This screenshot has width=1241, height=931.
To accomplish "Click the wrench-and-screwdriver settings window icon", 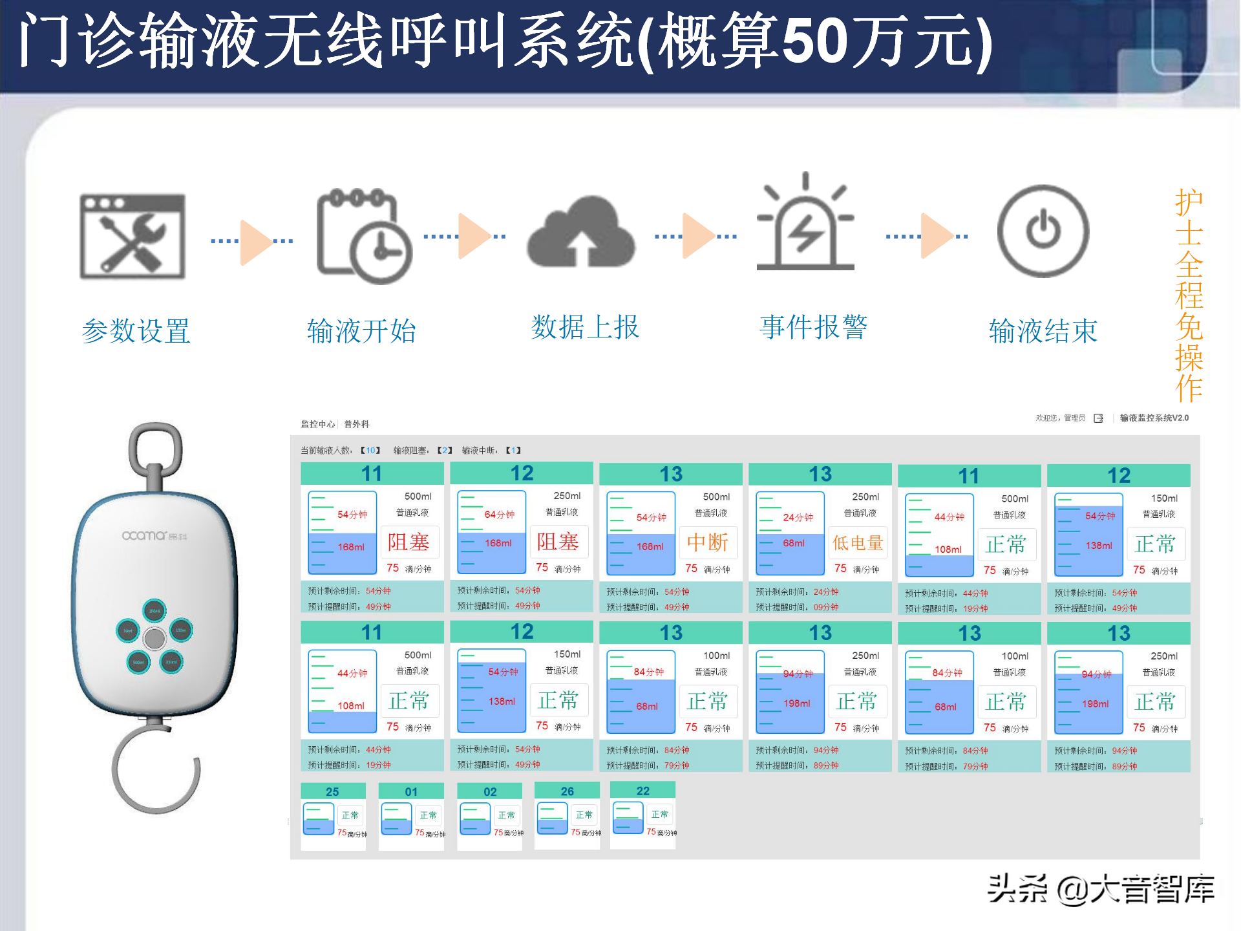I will point(133,237).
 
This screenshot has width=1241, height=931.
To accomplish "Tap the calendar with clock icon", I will point(364,237).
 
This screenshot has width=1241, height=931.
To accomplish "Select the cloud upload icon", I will point(580,233).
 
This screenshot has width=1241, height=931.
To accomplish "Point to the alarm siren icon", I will point(805,223).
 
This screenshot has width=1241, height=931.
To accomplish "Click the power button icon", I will point(1043,231).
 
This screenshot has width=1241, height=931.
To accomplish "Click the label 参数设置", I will point(136,331).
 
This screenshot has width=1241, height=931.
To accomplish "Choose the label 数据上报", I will point(585,327).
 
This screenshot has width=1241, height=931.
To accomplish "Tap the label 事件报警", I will point(813,327).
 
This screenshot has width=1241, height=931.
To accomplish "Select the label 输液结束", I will point(1043,331).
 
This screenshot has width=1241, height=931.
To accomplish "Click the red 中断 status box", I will point(708,542).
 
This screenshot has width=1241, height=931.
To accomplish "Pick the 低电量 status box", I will point(858,542).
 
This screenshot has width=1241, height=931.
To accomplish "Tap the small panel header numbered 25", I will point(333,791).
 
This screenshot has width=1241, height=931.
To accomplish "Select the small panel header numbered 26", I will point(567,791).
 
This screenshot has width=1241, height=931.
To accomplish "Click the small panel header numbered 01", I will point(411,791).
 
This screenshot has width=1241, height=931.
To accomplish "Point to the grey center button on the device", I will point(154,638).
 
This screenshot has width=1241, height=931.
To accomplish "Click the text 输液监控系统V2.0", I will point(1154,418).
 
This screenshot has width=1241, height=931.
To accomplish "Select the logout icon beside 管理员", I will point(1098,418).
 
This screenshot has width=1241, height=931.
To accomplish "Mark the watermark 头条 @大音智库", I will point(1101,889).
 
